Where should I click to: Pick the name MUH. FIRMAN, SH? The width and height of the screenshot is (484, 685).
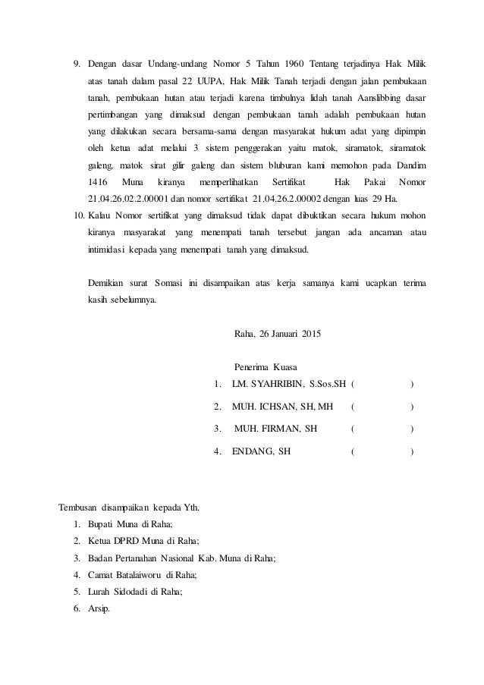click(x=276, y=429)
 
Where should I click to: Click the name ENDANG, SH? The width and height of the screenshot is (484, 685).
click(x=261, y=452)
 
